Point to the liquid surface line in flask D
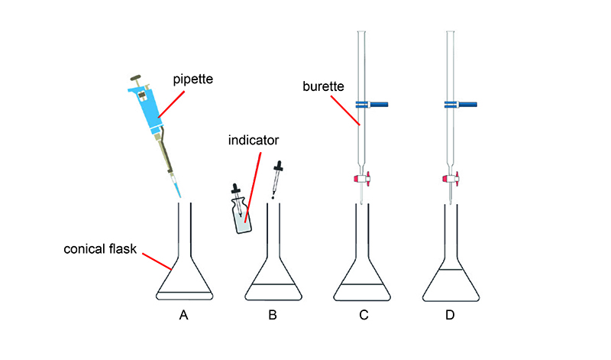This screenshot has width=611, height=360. (451, 271)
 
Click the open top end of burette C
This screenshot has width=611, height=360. (362, 33)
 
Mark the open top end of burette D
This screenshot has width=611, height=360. (451, 33)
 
